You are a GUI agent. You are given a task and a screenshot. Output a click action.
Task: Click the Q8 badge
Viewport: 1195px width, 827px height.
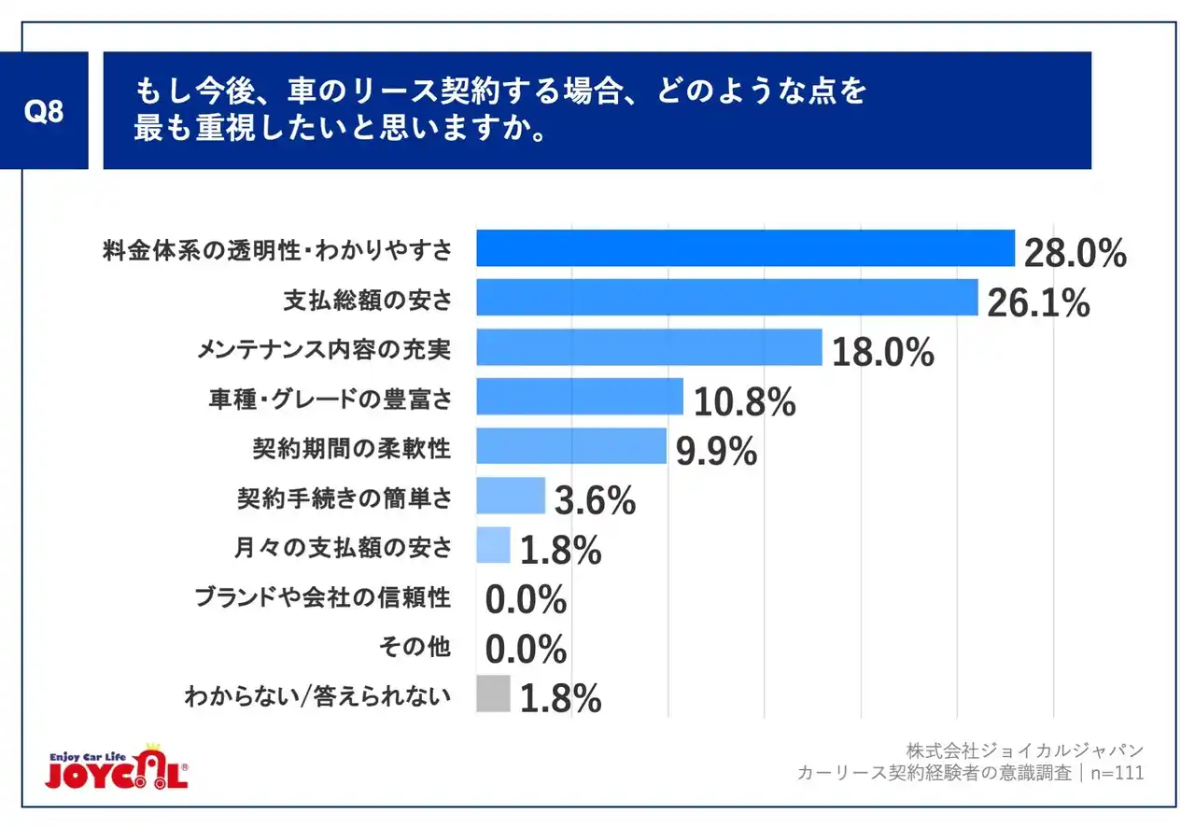43,110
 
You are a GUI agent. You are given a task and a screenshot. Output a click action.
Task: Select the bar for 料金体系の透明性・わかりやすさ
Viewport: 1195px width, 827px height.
745,248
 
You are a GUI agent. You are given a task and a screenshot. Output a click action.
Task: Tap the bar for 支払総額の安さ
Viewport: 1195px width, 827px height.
726,298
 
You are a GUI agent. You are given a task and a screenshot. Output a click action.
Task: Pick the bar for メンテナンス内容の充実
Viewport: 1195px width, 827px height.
649,347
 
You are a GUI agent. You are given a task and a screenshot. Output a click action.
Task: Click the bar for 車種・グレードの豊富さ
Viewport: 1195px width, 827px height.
580,397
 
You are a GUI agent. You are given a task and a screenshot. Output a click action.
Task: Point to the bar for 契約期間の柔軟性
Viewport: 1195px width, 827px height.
571,446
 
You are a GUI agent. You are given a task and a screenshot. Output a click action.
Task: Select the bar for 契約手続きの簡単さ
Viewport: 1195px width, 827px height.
511,496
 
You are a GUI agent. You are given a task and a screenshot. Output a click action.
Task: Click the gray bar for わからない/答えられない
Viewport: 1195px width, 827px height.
494,694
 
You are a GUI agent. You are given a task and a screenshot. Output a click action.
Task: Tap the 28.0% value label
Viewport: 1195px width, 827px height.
1075,253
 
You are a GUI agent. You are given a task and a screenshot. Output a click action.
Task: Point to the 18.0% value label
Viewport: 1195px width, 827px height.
882,352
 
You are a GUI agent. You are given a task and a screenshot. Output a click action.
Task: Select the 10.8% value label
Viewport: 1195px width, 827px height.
744,402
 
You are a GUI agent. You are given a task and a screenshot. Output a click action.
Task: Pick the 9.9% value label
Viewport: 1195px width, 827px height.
716,452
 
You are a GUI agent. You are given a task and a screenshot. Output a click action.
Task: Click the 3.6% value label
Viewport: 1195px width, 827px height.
595,501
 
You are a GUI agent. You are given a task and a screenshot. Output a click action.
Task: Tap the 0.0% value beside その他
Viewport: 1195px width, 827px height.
526,649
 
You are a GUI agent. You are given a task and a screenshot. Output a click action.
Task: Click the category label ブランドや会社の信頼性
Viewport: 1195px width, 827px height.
323,597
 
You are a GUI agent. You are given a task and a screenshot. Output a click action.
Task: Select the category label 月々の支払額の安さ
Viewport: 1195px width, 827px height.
343,548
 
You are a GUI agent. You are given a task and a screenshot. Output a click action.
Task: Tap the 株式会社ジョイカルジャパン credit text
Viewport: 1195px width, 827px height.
1025,750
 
